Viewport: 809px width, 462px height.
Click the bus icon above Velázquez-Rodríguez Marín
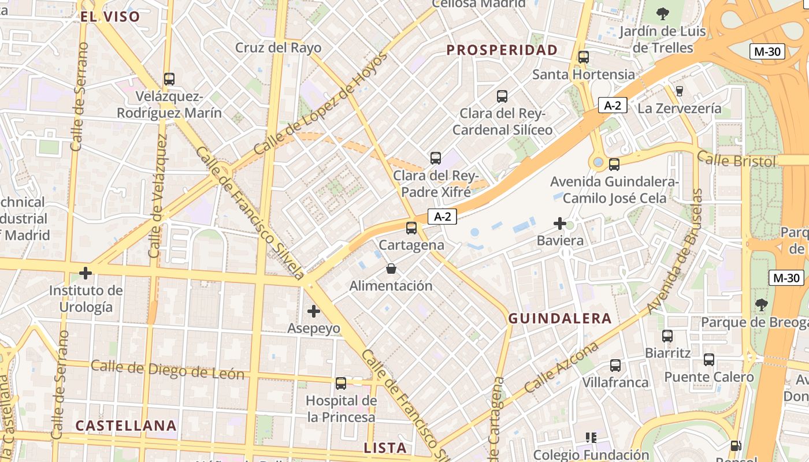click(x=169, y=79)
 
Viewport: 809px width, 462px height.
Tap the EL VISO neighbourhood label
click(x=110, y=16)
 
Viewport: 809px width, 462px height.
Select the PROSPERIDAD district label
click(x=502, y=50)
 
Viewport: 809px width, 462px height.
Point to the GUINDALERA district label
click(x=559, y=318)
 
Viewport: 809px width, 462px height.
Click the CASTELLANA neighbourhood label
click(x=126, y=426)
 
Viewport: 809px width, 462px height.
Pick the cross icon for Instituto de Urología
click(x=86, y=273)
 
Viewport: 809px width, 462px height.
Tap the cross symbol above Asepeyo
click(x=313, y=312)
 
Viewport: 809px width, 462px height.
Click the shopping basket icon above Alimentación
click(x=391, y=269)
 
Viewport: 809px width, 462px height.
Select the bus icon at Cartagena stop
click(x=411, y=228)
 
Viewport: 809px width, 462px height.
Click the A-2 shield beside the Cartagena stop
click(x=442, y=217)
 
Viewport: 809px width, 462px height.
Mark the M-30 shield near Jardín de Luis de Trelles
click(x=767, y=51)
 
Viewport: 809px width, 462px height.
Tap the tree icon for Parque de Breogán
click(x=762, y=305)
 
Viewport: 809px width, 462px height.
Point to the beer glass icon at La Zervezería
click(x=680, y=91)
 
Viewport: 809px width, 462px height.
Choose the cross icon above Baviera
click(x=559, y=223)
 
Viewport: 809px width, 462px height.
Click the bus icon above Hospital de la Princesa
click(x=341, y=383)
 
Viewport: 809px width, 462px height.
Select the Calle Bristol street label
click(x=736, y=159)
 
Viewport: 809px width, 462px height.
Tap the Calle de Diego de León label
click(x=168, y=370)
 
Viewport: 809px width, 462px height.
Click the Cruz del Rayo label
click(x=278, y=47)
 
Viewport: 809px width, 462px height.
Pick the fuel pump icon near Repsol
click(x=736, y=446)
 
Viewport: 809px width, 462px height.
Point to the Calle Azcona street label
click(x=562, y=367)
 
